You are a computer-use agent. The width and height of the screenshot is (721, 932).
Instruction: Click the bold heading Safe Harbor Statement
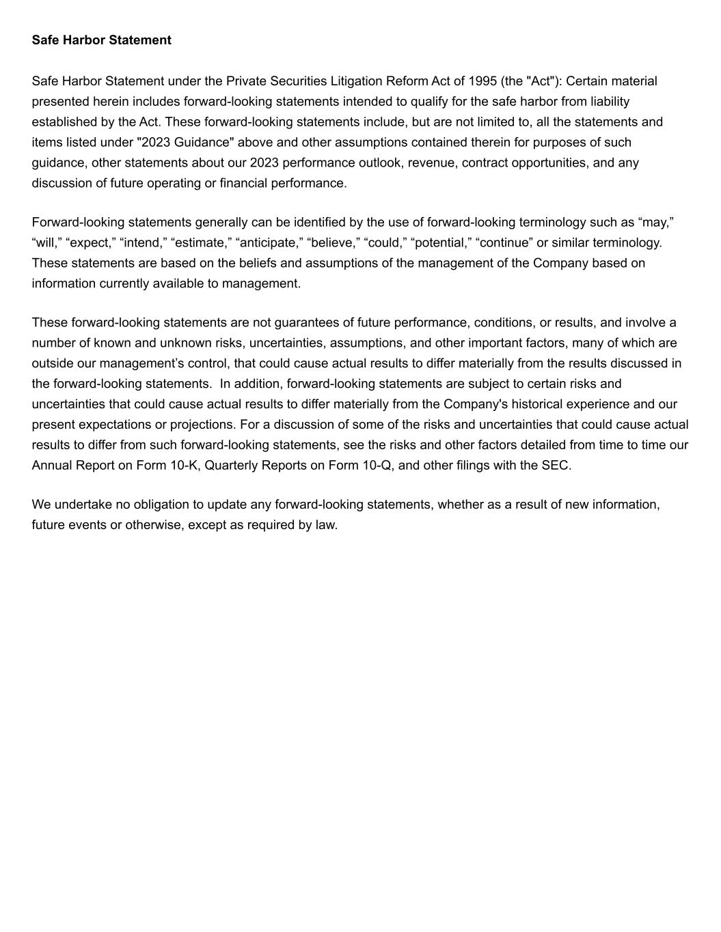coord(101,40)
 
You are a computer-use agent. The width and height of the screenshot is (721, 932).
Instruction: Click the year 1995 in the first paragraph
coord(482,81)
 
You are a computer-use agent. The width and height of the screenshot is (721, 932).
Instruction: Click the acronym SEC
coord(555,466)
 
